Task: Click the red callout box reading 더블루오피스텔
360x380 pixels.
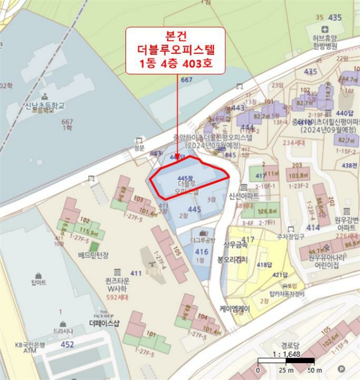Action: pos(176,51)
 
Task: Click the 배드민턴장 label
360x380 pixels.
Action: pos(94,255)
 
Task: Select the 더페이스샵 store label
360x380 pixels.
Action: pos(104,322)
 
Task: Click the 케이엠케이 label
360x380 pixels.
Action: pos(235,309)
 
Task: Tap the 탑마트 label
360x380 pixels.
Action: pos(39,283)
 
